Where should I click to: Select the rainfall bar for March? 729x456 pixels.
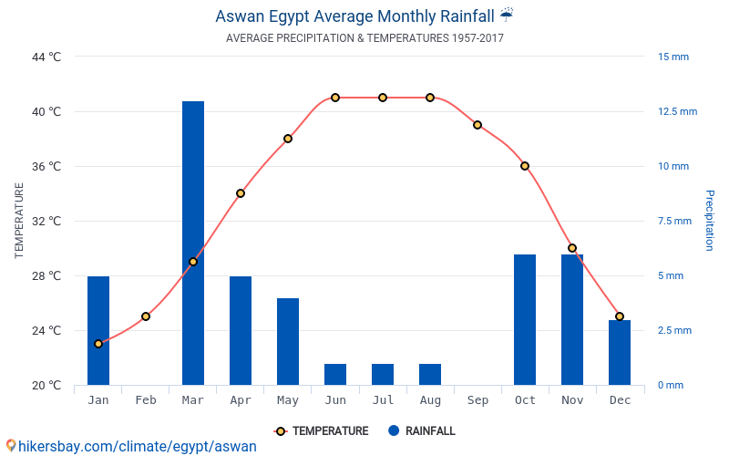pyautogui.click(x=193, y=243)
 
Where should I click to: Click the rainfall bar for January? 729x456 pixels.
pyautogui.click(x=98, y=330)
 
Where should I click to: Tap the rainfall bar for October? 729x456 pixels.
pyautogui.click(x=525, y=319)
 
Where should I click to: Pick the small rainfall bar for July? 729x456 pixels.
pyautogui.click(x=383, y=374)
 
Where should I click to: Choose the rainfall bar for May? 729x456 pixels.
pyautogui.click(x=288, y=341)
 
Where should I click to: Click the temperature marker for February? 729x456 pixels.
pyautogui.click(x=146, y=316)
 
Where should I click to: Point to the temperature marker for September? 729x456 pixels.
pyautogui.click(x=477, y=125)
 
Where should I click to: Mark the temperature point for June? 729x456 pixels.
pyautogui.click(x=335, y=98)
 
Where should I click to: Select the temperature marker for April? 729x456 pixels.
pyautogui.click(x=241, y=193)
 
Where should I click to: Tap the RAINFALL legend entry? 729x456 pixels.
pyautogui.click(x=421, y=431)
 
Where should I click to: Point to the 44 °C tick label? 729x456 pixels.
pyautogui.click(x=46, y=57)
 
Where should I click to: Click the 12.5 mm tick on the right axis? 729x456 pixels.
pyautogui.click(x=677, y=111)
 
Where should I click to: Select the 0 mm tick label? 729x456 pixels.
pyautogui.click(x=670, y=385)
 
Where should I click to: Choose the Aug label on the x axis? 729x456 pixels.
pyautogui.click(x=430, y=400)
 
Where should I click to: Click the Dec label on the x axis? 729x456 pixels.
pyautogui.click(x=620, y=400)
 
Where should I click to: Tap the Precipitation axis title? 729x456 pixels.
pyautogui.click(x=709, y=221)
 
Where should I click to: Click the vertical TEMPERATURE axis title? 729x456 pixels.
pyautogui.click(x=19, y=221)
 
